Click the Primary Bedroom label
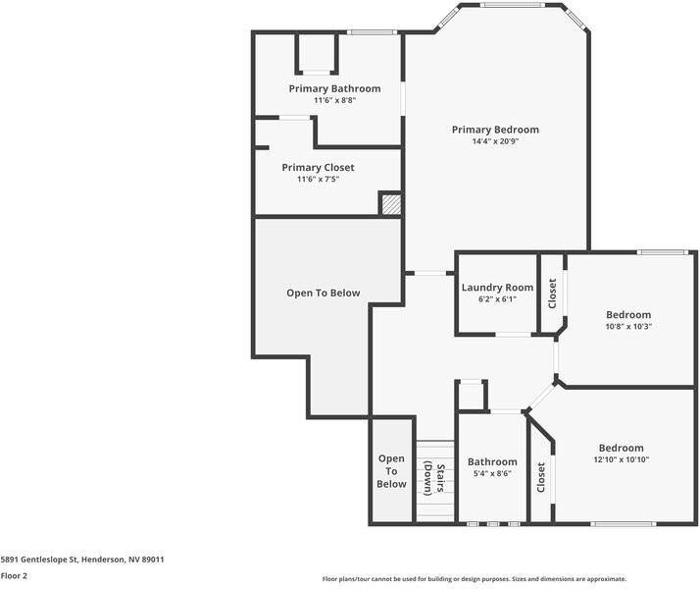494,130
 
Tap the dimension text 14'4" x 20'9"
494,141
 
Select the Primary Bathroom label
334,88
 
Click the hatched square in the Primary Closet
390,203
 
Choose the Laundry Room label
497,288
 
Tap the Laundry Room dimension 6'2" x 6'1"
497,299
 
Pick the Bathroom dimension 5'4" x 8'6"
491,473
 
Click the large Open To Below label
323,293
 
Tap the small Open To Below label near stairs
391,471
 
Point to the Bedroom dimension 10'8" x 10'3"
627,327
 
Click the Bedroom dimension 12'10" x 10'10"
621,459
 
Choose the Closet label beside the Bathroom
541,477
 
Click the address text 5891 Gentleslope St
82,560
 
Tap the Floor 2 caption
14,576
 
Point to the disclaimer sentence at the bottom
474,579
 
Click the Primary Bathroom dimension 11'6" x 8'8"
334,100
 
